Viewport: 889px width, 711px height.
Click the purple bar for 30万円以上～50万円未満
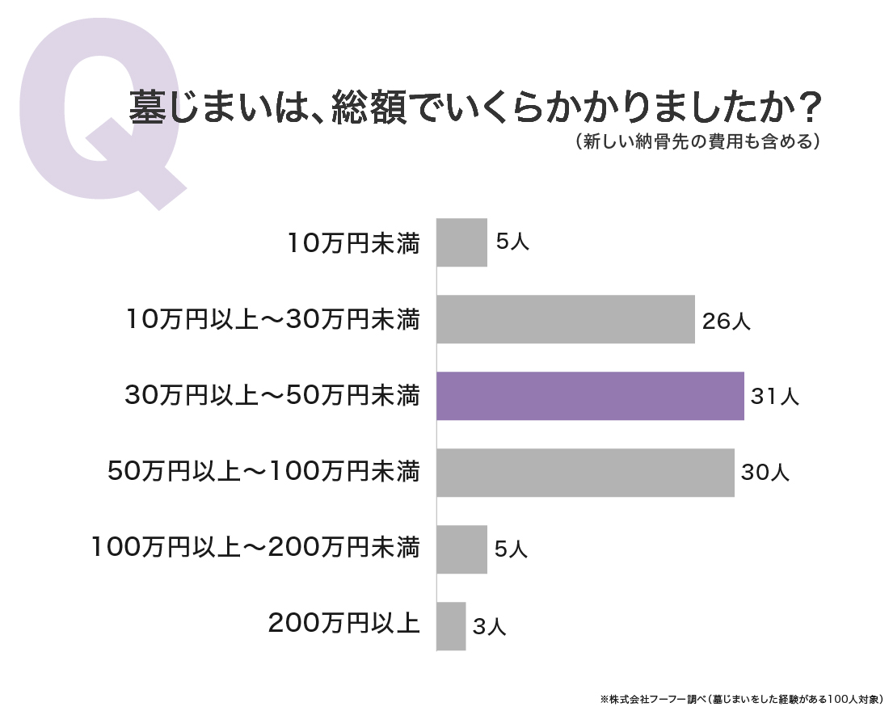[x=590, y=396]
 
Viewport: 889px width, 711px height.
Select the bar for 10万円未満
[x=462, y=242]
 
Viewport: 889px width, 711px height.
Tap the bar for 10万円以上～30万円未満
[x=566, y=319]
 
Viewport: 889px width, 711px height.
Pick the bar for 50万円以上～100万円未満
[x=586, y=473]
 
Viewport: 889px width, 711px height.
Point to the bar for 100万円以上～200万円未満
[x=462, y=549]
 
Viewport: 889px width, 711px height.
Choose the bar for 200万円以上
[x=451, y=626]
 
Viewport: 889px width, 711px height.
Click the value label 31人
[x=774, y=397]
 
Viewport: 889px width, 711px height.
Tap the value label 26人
[x=727, y=321]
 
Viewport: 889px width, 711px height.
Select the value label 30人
[x=765, y=472]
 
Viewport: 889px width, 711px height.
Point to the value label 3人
[x=489, y=626]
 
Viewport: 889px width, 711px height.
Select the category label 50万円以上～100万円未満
[x=264, y=472]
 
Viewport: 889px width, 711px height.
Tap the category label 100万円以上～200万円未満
[x=255, y=548]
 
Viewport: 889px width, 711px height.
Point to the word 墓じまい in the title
[x=200, y=107]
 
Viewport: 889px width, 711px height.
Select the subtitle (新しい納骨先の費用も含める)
[x=697, y=141]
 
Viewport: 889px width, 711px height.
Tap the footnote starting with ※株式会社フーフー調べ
[x=741, y=699]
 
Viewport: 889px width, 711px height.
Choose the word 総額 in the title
[x=369, y=107]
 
